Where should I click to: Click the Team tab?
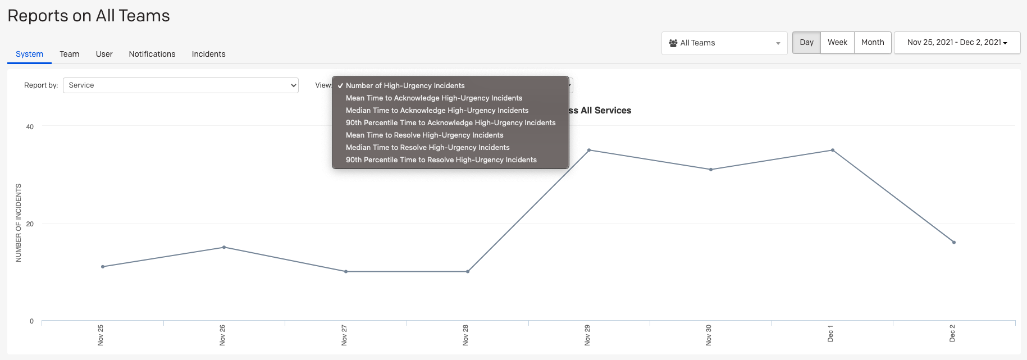[70, 54]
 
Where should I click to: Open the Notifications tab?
[152, 54]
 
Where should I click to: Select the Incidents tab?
[208, 54]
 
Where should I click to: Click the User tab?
[104, 54]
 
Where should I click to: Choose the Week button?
[837, 43]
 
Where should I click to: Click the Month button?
[873, 43]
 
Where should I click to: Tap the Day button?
[806, 43]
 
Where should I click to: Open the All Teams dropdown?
[724, 43]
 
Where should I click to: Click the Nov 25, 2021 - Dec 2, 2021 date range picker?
[957, 43]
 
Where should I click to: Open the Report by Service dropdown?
[180, 85]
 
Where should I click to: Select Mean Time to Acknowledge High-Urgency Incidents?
[434, 98]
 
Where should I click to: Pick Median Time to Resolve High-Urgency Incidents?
[428, 148]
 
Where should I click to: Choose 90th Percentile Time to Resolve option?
[441, 160]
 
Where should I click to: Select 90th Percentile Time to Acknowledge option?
[451, 123]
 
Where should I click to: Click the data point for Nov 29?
[589, 151]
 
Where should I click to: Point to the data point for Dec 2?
[954, 243]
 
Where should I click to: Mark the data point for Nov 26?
[224, 247]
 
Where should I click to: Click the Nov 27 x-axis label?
[344, 335]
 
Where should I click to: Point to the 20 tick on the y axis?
[30, 224]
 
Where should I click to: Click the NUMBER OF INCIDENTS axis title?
[19, 223]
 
